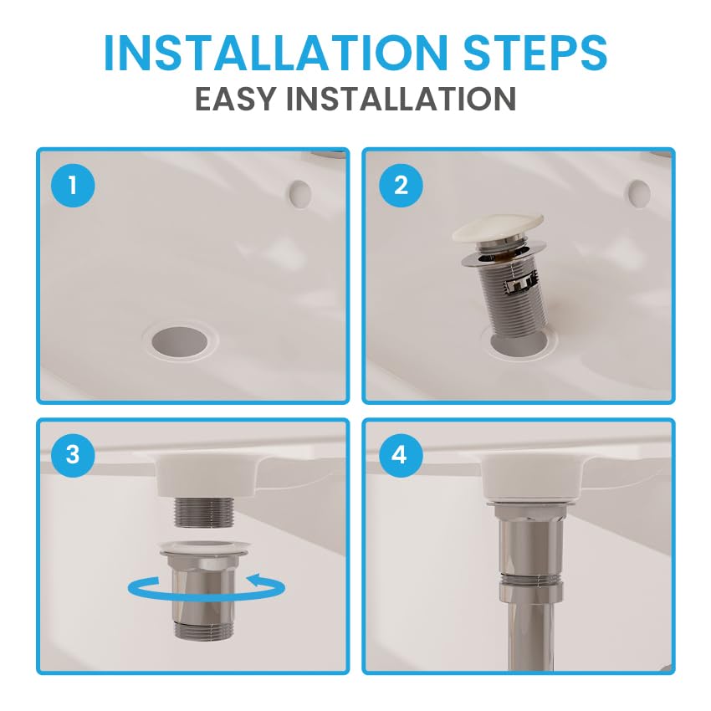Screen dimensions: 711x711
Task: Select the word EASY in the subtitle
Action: point(235,99)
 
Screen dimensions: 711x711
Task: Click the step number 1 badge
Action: point(73,186)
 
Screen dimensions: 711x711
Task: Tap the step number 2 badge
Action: point(401,186)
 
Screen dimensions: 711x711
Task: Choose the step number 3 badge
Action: point(73,454)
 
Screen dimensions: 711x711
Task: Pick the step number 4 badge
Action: point(399,454)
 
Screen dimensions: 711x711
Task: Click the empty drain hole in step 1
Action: point(181,340)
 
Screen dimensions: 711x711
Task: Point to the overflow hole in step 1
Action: point(299,194)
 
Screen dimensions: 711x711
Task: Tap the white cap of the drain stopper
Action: point(498,226)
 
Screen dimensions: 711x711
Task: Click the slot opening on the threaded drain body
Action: point(521,285)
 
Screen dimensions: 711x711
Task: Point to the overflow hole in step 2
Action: point(639,194)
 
